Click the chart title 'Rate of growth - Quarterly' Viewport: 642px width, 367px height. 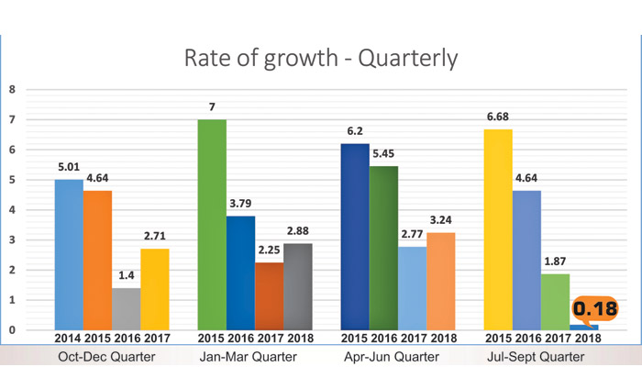tap(321, 58)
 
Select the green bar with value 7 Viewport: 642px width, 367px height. tap(212, 224)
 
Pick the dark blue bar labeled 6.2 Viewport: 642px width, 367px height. tap(355, 236)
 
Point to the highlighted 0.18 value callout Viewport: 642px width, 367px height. tap(593, 308)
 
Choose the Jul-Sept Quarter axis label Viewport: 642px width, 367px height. tap(540, 355)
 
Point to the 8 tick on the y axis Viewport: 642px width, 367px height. tap(12, 90)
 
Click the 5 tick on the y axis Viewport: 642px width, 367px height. tap(12, 180)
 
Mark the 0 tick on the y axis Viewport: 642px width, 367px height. tap(12, 329)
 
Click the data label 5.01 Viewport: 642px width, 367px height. tap(69, 168)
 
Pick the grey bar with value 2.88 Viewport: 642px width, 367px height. tap(297, 286)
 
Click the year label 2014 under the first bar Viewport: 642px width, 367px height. tap(68, 338)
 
